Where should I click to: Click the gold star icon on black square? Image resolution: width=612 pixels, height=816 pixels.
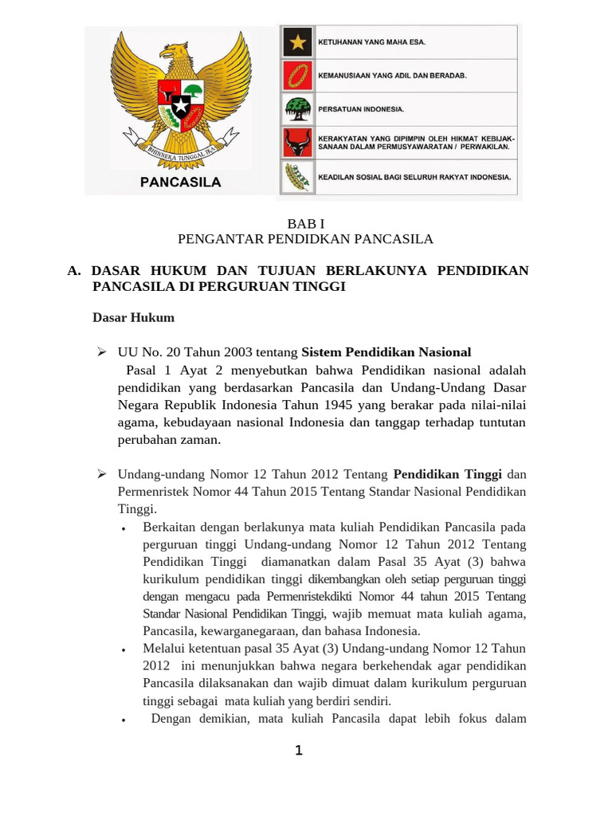click(x=297, y=42)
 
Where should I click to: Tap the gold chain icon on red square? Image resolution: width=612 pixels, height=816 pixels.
click(x=297, y=76)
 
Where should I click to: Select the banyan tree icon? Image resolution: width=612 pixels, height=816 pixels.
click(x=297, y=108)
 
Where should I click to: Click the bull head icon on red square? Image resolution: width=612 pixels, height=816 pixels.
click(x=297, y=143)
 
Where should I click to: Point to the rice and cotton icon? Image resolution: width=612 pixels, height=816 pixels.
click(x=297, y=177)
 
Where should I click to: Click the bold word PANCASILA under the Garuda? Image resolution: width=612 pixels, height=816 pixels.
click(x=181, y=182)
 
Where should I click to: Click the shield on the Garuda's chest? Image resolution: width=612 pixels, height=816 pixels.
click(x=181, y=101)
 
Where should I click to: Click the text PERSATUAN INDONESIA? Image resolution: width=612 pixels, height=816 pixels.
click(x=361, y=108)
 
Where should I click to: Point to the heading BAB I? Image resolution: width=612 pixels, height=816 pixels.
click(x=305, y=226)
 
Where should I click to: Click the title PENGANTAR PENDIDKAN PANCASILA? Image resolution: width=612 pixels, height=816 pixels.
click(x=305, y=239)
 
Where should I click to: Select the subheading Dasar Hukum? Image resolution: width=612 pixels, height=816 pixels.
click(x=133, y=317)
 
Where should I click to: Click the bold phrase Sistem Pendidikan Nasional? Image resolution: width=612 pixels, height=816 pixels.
click(x=386, y=352)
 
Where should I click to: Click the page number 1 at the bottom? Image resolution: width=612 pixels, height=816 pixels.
click(x=299, y=751)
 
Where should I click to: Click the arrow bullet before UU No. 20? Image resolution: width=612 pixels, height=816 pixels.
click(x=101, y=352)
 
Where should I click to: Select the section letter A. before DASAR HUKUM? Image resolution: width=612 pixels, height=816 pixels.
click(x=75, y=271)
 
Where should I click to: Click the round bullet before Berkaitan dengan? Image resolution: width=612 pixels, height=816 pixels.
click(x=123, y=529)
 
